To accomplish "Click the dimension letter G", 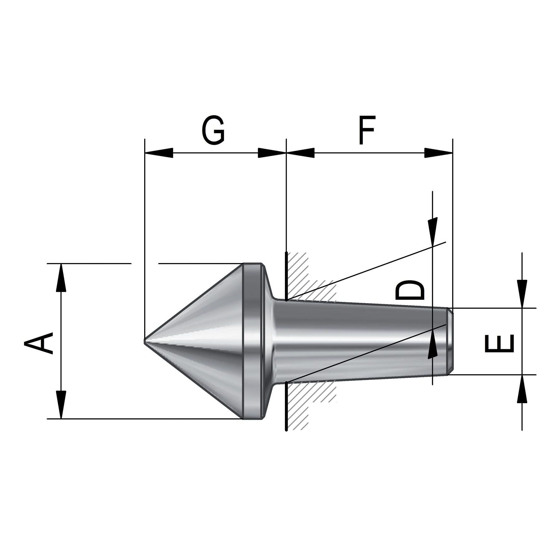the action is click(x=213, y=130).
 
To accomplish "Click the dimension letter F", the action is click(x=367, y=130).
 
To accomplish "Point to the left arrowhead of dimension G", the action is click(x=159, y=153).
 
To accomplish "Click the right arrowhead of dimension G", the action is click(x=272, y=153).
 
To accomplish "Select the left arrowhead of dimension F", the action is click(x=300, y=153).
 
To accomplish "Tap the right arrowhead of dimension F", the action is click(x=438, y=153).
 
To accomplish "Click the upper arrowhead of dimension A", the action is click(x=61, y=278).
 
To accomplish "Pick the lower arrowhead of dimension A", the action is click(x=61, y=405).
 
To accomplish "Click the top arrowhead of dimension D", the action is click(x=432, y=231).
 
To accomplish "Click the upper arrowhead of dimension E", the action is click(x=522, y=294).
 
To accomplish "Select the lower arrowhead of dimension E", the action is click(x=522, y=389).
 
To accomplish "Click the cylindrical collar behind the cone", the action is click(x=253, y=341).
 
